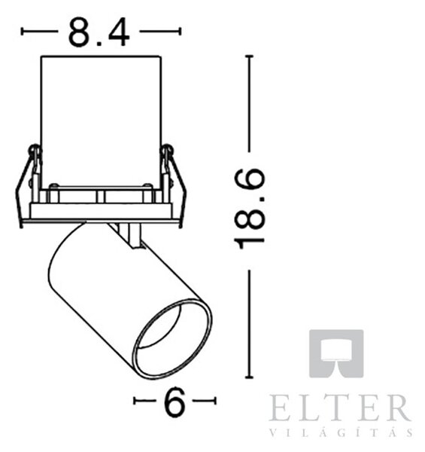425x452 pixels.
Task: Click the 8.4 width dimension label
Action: click(x=99, y=32)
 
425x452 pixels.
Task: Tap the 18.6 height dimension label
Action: click(x=249, y=209)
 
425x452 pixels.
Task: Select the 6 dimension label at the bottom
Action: click(x=174, y=402)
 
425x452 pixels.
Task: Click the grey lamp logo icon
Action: click(x=336, y=353)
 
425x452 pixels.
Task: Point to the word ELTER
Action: click(x=341, y=408)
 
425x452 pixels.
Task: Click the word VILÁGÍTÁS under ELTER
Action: click(x=342, y=432)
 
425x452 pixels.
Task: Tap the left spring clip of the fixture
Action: click(x=28, y=185)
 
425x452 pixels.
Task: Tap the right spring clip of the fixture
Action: click(x=173, y=185)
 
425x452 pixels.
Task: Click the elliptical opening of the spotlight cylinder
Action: click(x=173, y=339)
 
